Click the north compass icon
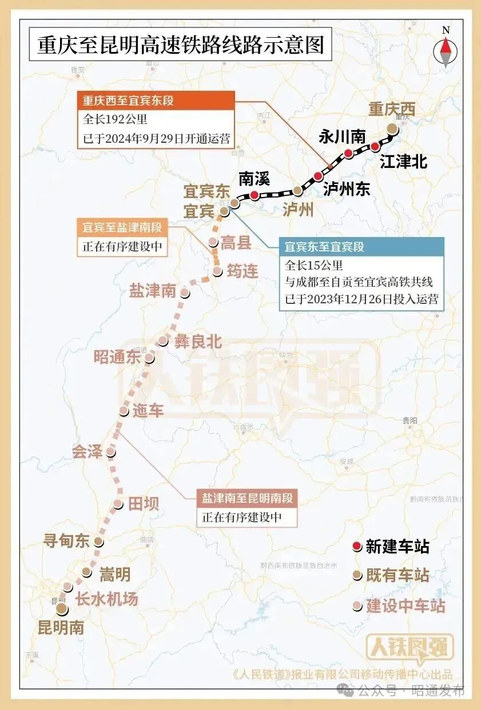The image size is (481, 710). point(446,49)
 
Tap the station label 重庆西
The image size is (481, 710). point(391,109)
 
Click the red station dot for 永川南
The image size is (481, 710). point(348,153)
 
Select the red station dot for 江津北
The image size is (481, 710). point(375,147)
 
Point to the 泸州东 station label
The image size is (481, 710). point(347,189)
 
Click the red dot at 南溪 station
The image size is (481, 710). point(254,195)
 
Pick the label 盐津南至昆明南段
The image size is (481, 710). point(247,498)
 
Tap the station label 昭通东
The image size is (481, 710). point(117,358)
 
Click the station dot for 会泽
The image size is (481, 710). point(111,452)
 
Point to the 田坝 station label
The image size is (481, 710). point(143,503)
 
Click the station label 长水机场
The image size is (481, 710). point(107,599)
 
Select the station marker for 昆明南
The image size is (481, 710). point(61,609)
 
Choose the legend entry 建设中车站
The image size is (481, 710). point(406,605)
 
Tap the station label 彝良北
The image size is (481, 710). point(198,342)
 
